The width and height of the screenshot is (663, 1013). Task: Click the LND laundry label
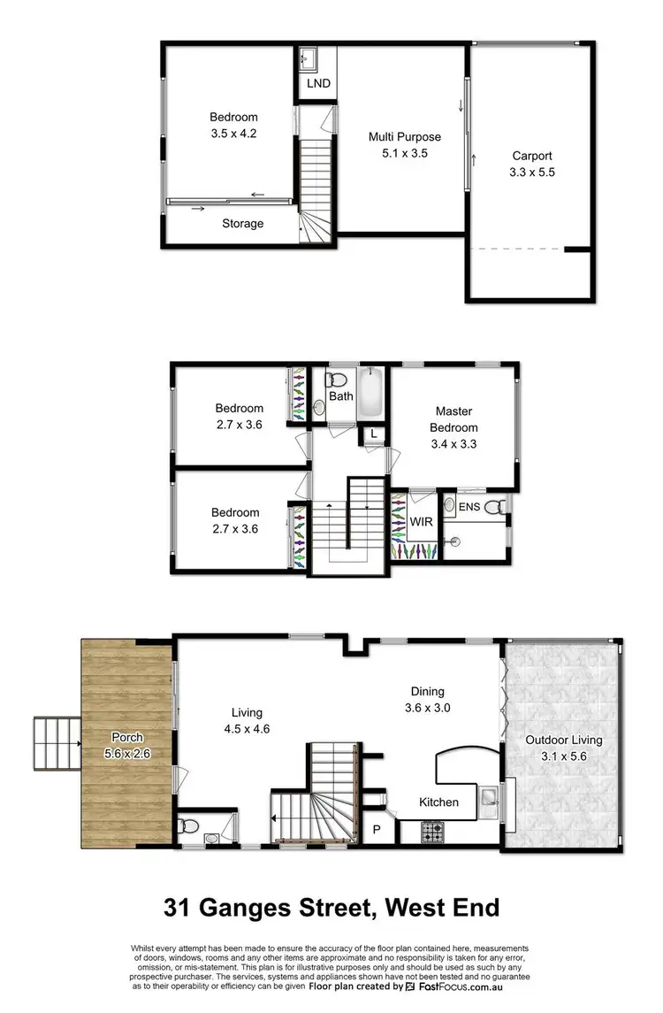click(317, 84)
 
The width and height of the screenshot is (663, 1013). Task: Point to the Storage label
click(242, 224)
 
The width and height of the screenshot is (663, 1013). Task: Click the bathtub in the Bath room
click(370, 395)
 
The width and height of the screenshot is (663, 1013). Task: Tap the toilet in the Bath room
click(336, 380)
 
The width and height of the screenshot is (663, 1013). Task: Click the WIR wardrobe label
click(421, 521)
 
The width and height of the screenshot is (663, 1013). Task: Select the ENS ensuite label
click(469, 507)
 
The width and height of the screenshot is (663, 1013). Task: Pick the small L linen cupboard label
click(374, 434)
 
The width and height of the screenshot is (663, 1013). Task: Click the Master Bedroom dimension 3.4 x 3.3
click(453, 444)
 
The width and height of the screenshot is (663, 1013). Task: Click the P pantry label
click(376, 830)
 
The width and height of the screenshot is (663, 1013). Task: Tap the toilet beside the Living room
click(187, 827)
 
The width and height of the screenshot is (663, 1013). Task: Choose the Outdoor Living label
click(563, 740)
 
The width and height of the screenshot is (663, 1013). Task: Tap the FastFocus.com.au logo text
click(461, 986)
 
